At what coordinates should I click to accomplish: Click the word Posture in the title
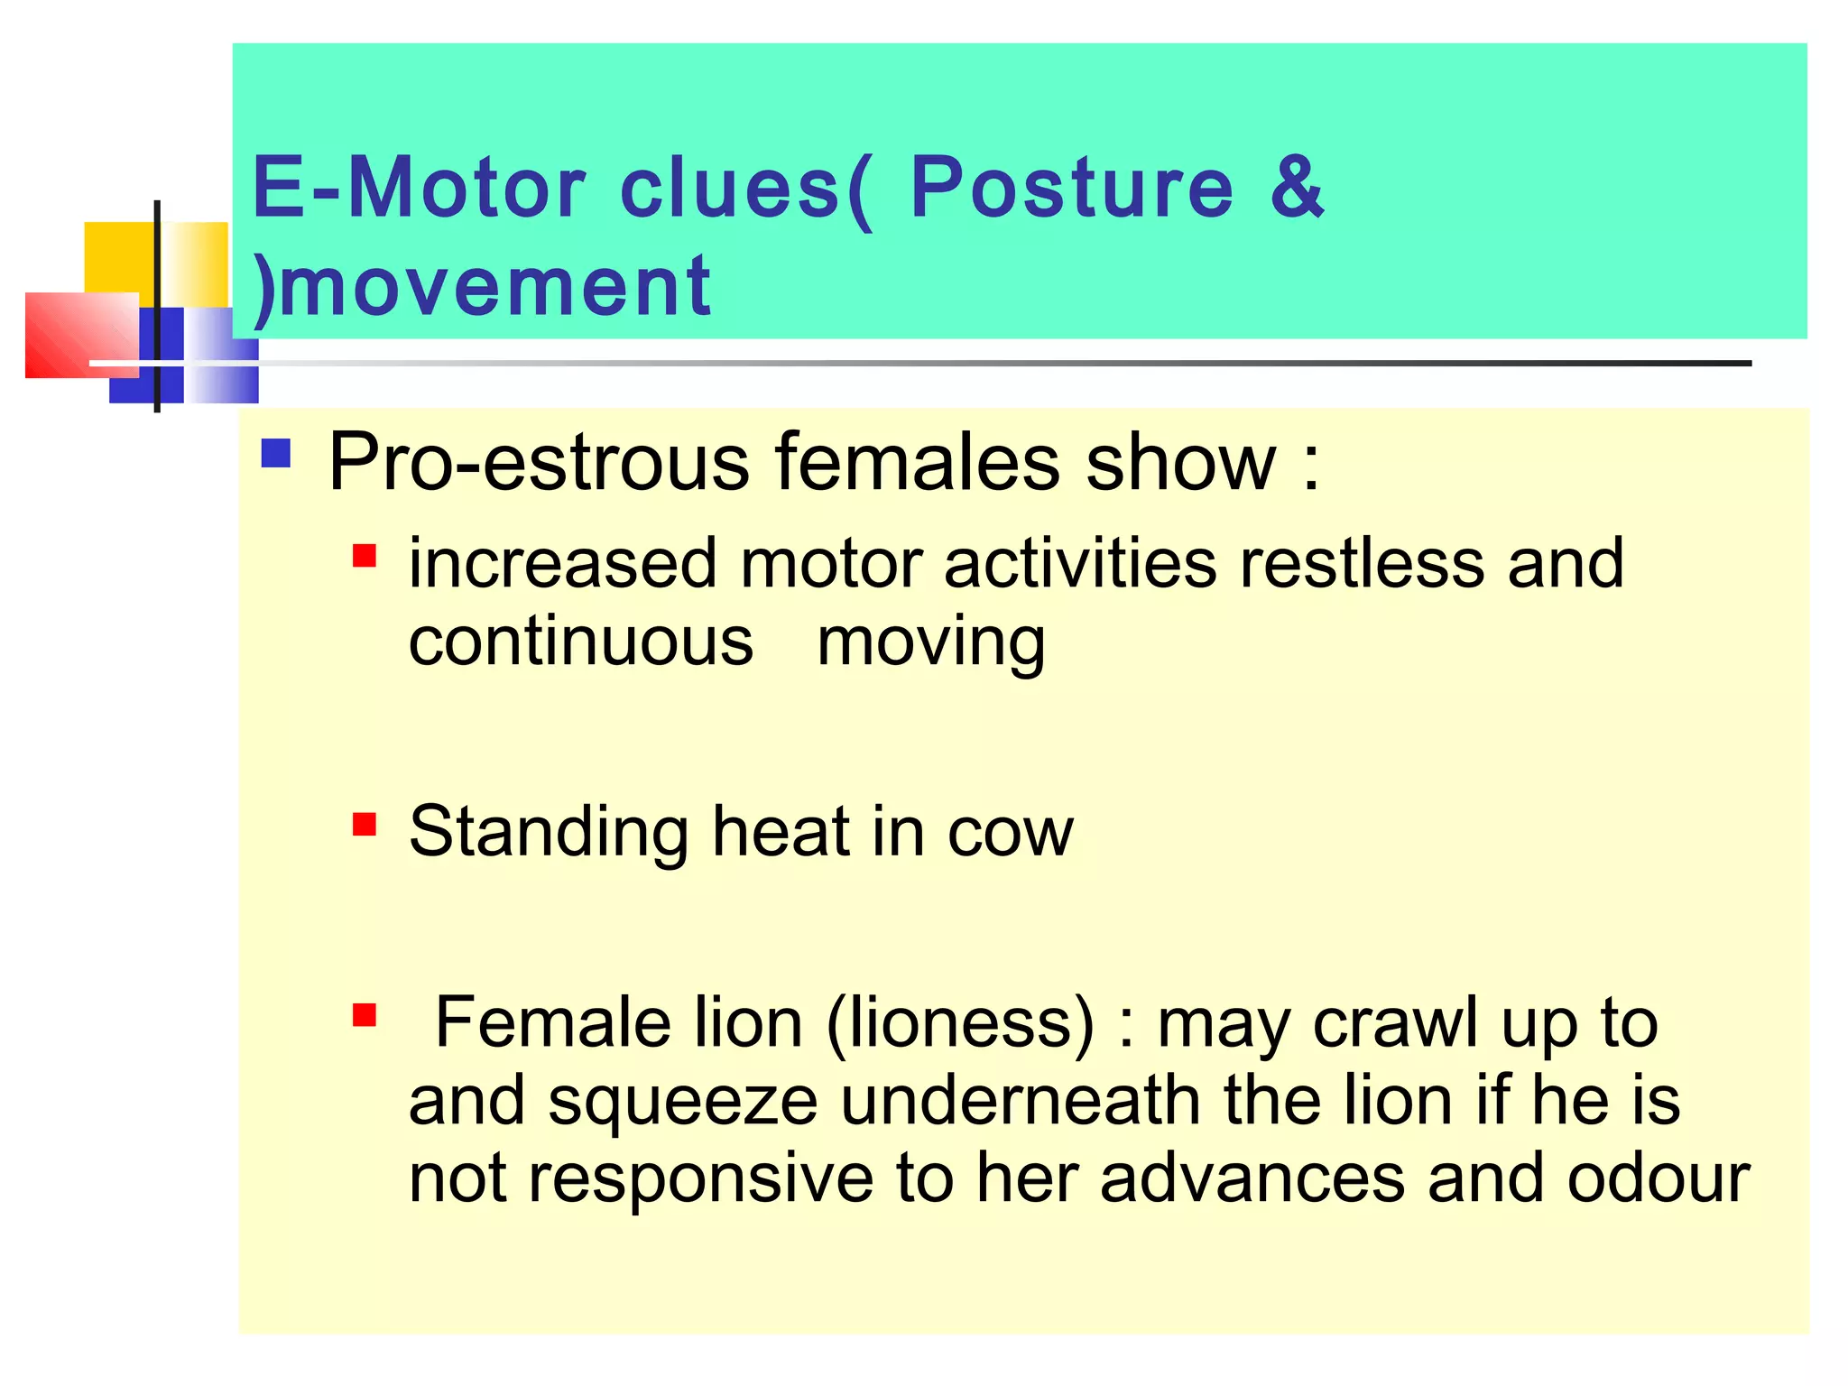(1072, 188)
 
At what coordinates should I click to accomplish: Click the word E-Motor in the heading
(420, 188)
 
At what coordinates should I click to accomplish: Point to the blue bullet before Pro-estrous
(276, 453)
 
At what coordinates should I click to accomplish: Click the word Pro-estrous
(539, 462)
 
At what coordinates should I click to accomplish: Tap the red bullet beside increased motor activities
(365, 555)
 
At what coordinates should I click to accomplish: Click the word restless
(1362, 564)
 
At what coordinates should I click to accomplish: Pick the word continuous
(580, 642)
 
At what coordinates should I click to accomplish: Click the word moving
(930, 644)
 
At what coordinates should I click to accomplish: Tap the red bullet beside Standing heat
(365, 824)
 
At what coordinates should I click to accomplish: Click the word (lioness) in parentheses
(960, 1022)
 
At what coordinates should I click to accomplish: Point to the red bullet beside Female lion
(365, 1016)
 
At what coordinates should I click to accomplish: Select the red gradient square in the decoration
(81, 335)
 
